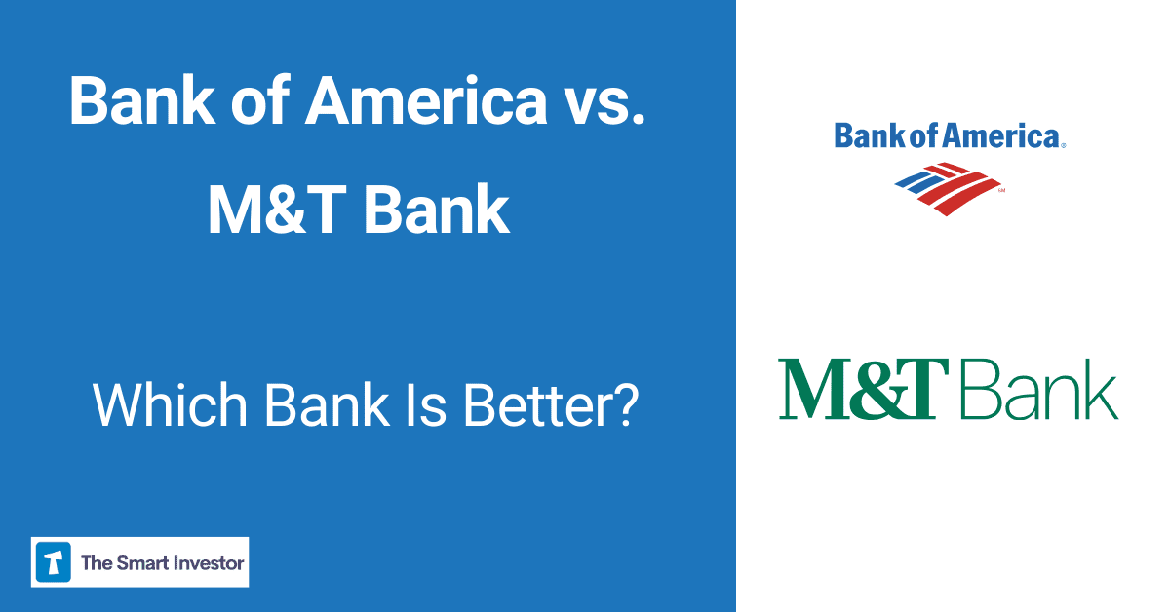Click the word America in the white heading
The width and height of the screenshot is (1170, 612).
click(x=426, y=100)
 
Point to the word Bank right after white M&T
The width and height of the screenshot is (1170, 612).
click(x=439, y=210)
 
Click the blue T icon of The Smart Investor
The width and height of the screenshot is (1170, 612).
click(x=54, y=562)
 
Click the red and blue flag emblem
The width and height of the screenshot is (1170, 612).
click(x=948, y=187)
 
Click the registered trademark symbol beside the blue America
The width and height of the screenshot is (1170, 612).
click(x=1063, y=145)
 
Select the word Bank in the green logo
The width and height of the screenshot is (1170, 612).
click(x=1039, y=389)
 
